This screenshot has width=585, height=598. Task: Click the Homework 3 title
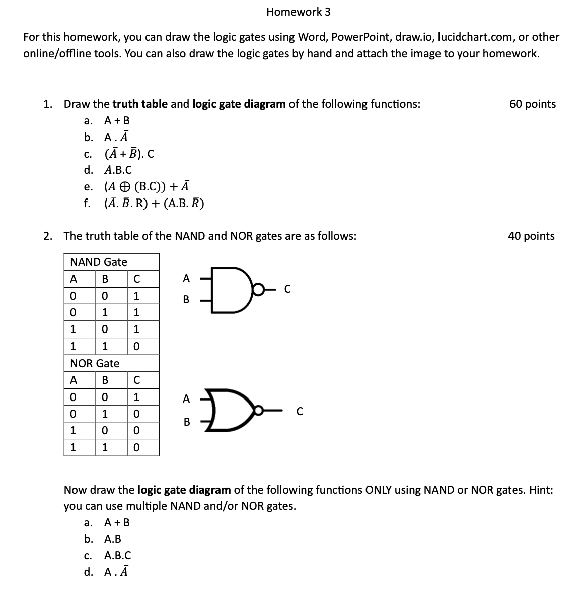pos(299,12)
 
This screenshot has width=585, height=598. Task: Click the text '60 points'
pos(532,104)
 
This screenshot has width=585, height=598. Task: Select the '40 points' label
pos(531,236)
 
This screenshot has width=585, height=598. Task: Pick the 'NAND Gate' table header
pos(99,262)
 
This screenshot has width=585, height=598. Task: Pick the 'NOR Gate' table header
pos(95,364)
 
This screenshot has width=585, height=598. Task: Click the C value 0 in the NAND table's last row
pos(136,347)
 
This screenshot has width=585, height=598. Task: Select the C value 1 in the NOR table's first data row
pos(136,397)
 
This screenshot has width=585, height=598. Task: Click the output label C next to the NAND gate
pos(287,289)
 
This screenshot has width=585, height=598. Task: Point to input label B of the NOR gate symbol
pos(186,422)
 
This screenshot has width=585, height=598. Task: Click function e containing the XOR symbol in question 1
pos(147,187)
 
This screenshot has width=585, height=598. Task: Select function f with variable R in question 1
pos(154,204)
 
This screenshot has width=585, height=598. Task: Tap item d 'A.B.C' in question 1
pos(118,170)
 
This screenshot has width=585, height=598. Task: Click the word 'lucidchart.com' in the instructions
pos(473,37)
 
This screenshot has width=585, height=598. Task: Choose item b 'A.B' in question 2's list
pos(112,539)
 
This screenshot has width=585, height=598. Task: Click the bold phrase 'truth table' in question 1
pos(140,104)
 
